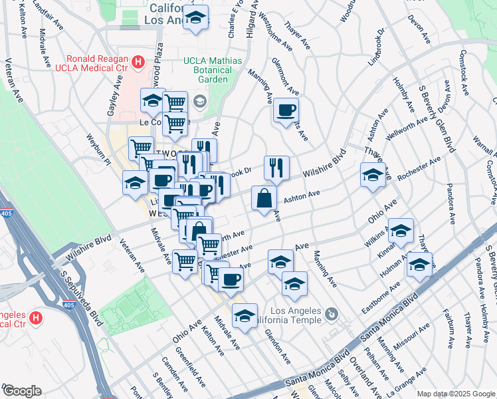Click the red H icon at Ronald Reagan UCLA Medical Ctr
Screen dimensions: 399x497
coord(138,63)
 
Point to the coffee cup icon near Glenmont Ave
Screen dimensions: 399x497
coord(286,110)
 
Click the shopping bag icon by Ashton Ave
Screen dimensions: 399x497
coord(264,198)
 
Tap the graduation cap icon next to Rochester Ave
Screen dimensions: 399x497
coord(373,176)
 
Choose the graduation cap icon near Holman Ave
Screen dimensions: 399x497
coord(419,264)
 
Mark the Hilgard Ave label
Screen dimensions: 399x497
coord(252,18)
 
